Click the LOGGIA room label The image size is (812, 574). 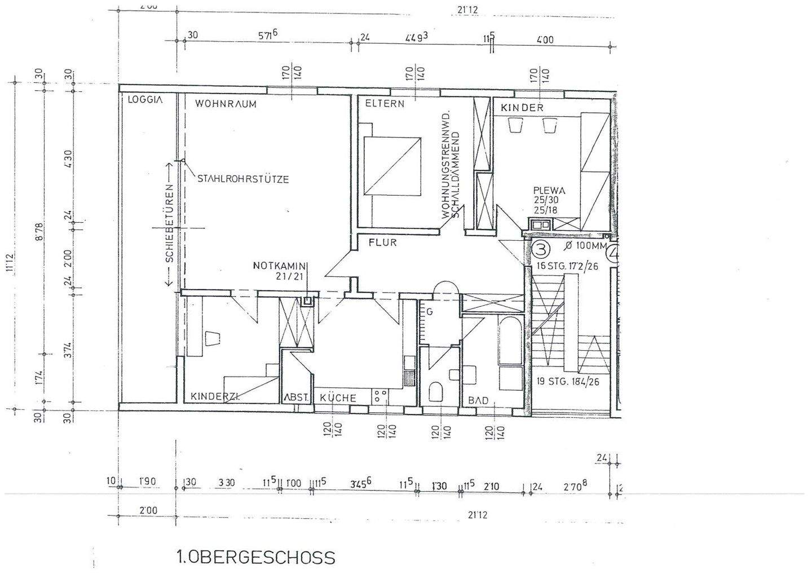coord(145,100)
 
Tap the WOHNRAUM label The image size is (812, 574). coord(226,104)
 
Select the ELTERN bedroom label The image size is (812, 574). coord(385,104)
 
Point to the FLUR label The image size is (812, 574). coord(383,243)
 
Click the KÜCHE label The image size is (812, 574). coord(338,398)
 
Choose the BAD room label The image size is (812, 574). coord(478,400)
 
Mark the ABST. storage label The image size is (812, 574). coord(297,398)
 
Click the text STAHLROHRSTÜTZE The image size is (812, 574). coord(243,179)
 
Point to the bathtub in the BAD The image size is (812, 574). coord(511,338)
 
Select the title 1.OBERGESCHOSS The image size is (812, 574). coord(256,558)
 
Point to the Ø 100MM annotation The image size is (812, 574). coord(585,246)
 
